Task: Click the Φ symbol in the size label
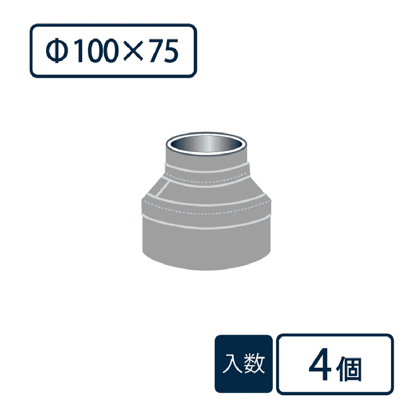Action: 56,51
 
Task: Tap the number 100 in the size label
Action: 97,51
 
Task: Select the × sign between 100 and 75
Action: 134,51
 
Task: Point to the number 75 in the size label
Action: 164,51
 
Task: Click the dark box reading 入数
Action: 244,364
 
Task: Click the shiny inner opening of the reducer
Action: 206,145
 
